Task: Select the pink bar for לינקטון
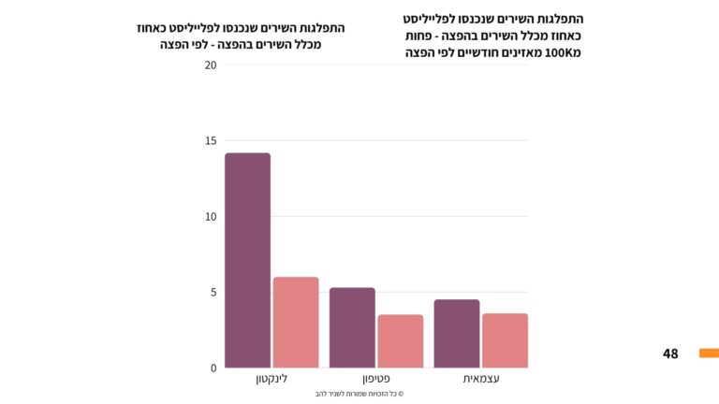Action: click(296, 322)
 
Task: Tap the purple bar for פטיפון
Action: click(352, 327)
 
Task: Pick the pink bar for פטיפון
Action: click(401, 340)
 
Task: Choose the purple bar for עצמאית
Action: click(457, 333)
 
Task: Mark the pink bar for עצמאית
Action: click(506, 340)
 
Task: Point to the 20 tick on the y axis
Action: click(211, 65)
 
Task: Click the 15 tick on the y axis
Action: click(211, 141)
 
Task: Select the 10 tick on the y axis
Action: click(211, 217)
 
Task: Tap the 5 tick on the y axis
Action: click(213, 292)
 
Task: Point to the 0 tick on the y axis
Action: click(213, 368)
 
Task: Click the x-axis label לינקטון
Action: click(271, 379)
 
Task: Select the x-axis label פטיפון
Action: click(376, 379)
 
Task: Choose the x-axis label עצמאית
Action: click(481, 379)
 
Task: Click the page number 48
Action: click(670, 353)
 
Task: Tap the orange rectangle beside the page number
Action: click(709, 353)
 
